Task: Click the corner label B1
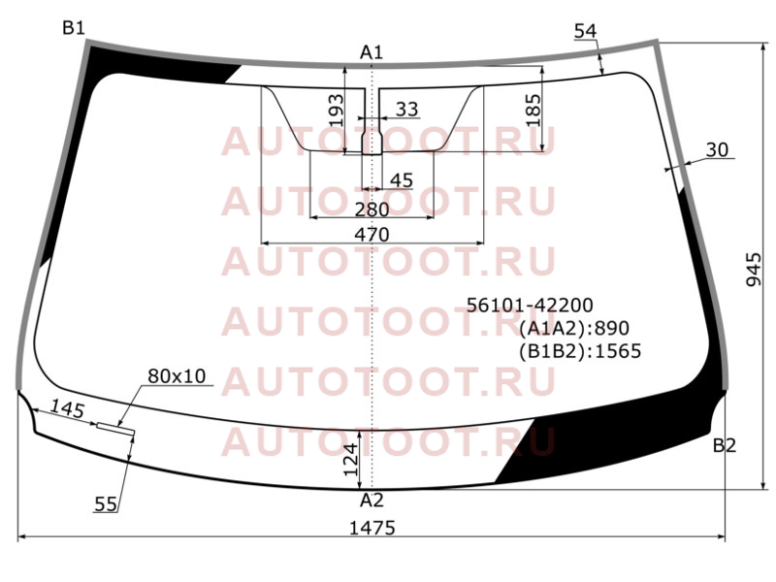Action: [x=74, y=28]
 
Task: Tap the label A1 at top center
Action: [x=372, y=52]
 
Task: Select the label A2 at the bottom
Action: [x=372, y=501]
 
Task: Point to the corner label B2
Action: [x=725, y=445]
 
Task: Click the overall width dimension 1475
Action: [x=372, y=528]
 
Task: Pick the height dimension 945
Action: [x=754, y=270]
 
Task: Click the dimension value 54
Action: [x=586, y=31]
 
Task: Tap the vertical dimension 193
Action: [x=336, y=111]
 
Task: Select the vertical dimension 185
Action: [x=533, y=111]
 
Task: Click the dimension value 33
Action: [x=406, y=109]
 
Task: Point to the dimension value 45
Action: [x=402, y=180]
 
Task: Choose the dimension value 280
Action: [x=372, y=210]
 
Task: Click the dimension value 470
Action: [x=372, y=234]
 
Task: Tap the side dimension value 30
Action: [x=717, y=149]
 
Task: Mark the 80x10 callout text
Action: [x=177, y=376]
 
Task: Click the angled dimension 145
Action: [x=68, y=409]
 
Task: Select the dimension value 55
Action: [x=106, y=503]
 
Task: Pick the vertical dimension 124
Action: [x=350, y=460]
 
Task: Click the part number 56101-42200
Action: [x=530, y=305]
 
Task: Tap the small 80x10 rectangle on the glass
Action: [x=115, y=429]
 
